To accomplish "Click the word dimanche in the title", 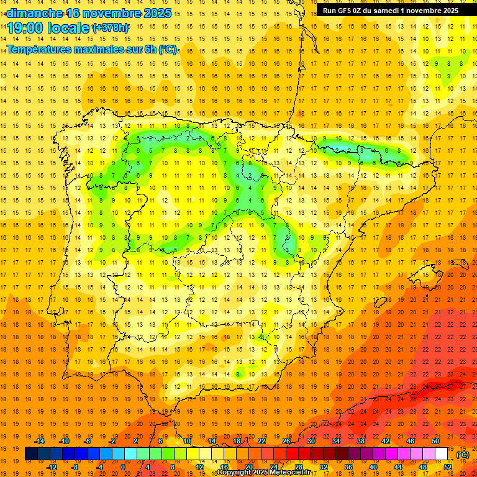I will tap(35, 13).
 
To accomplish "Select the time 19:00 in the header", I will tap(27, 27).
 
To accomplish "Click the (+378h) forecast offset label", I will tap(110, 27).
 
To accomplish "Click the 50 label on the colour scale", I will tap(435, 441).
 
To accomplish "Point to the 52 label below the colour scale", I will tap(448, 467).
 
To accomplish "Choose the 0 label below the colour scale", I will tap(124, 467).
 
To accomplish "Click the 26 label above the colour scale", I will tap(286, 441).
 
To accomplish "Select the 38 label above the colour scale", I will tap(361, 441).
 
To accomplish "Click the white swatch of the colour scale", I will tap(441, 454).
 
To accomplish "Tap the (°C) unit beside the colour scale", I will tap(463, 455).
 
